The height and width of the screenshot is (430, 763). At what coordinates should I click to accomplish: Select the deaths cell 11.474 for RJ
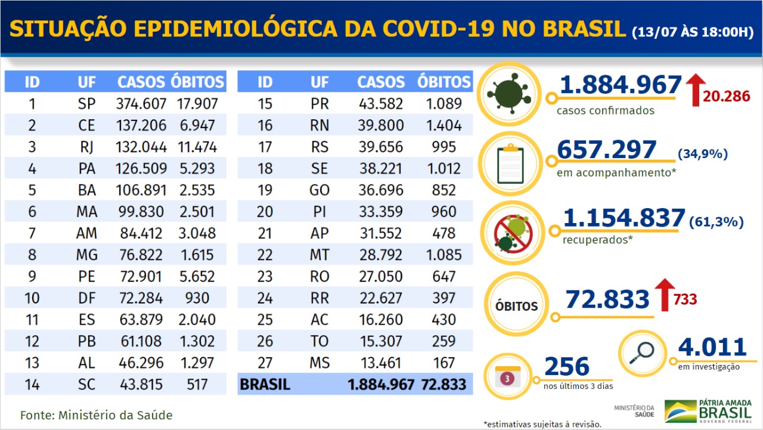coord(197,147)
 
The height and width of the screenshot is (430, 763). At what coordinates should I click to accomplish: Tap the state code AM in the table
coord(86,233)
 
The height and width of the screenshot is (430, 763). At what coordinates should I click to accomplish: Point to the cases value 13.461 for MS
coord(381,363)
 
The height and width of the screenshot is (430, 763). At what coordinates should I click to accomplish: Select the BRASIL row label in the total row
coord(265,385)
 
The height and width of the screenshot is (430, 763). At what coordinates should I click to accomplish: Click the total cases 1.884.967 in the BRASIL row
coord(381,385)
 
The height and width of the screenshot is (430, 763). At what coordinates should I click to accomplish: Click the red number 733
coord(686,299)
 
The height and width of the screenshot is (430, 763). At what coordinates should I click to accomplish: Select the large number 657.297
coord(606,150)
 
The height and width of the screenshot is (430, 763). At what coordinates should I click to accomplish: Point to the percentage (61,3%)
coord(716,222)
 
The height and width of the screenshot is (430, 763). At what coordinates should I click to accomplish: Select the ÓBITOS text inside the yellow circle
coord(516,307)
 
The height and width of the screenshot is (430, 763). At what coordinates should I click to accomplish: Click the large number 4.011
coord(712,348)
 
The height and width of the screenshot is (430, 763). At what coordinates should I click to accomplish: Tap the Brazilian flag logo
coord(680,411)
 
